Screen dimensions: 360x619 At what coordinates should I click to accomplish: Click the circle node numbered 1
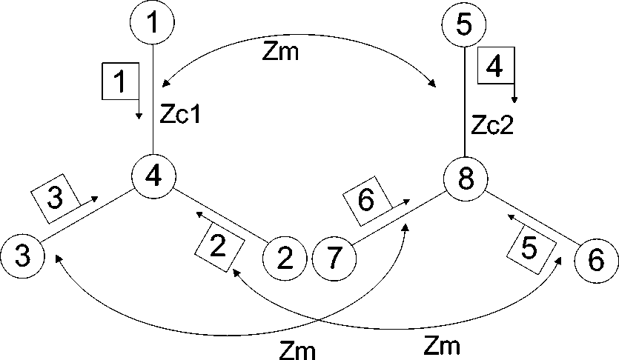click(x=153, y=21)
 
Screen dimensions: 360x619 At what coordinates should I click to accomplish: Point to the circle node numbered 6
click(x=597, y=260)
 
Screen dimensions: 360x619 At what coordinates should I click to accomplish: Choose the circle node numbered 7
click(x=334, y=260)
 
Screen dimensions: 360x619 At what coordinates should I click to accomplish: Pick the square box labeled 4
click(x=496, y=67)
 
